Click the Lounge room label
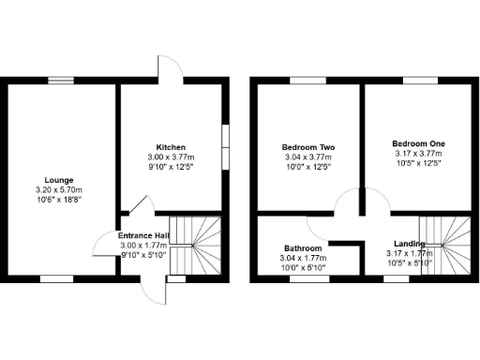58,180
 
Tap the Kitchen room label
171,147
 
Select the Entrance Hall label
143,235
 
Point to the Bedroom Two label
308,147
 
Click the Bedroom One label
418,143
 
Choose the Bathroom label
304,248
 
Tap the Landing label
410,243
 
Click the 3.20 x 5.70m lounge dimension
58,189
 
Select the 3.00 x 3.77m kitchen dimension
171,157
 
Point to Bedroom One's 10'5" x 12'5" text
418,163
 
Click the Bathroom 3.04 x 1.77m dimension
304,258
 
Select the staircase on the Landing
444,247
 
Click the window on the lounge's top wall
62,81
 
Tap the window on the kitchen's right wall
225,146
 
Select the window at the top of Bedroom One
418,81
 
